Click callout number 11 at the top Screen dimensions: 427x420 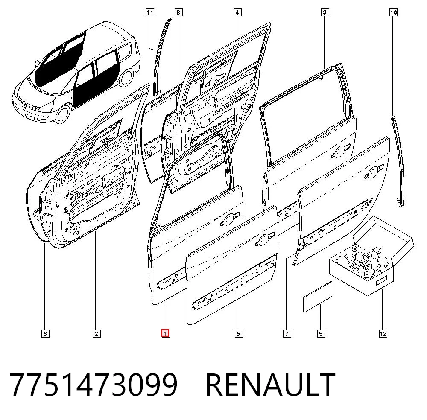tap(150, 12)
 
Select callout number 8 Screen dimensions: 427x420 tap(178, 12)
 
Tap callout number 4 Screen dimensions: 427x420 tap(237, 12)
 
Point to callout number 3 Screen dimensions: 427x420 tap(325, 12)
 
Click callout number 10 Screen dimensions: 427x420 tap(393, 12)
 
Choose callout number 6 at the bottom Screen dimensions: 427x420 tap(46, 333)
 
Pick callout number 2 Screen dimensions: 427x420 tap(97, 333)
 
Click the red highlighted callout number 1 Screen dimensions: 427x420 tap(166, 333)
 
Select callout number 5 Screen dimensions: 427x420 tap(239, 333)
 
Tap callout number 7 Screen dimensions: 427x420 tap(287, 333)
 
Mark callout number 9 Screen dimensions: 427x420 tap(321, 333)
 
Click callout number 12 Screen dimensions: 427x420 tap(383, 333)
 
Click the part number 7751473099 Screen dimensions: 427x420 tap(94, 385)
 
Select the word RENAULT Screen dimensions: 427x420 tap(270, 385)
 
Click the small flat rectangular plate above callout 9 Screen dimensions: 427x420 tap(318, 297)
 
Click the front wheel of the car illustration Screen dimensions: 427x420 tap(63, 114)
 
